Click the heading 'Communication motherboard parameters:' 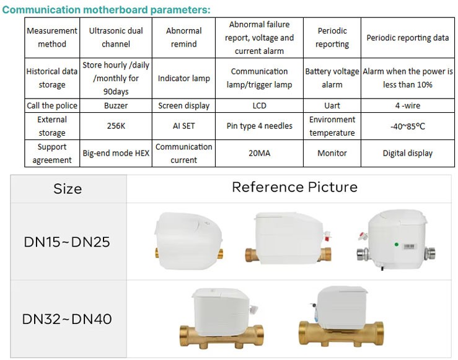[x=106, y=10]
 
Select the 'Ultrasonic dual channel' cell [x=116, y=37]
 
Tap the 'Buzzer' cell [x=116, y=105]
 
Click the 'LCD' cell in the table [x=260, y=105]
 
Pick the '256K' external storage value [x=116, y=126]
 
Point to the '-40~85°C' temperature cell [x=408, y=126]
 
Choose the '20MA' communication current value [x=260, y=153]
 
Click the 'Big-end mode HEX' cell [x=116, y=153]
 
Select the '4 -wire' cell [x=408, y=105]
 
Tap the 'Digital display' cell [x=408, y=153]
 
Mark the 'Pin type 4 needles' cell [x=260, y=126]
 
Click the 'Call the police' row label [x=52, y=105]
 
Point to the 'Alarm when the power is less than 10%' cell [x=408, y=78]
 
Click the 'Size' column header [x=68, y=188]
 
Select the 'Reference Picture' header [x=295, y=187]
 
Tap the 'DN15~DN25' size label [x=67, y=242]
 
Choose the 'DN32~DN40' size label [x=67, y=319]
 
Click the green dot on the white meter [x=397, y=244]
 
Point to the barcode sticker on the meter [x=409, y=247]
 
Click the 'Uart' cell [x=332, y=105]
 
